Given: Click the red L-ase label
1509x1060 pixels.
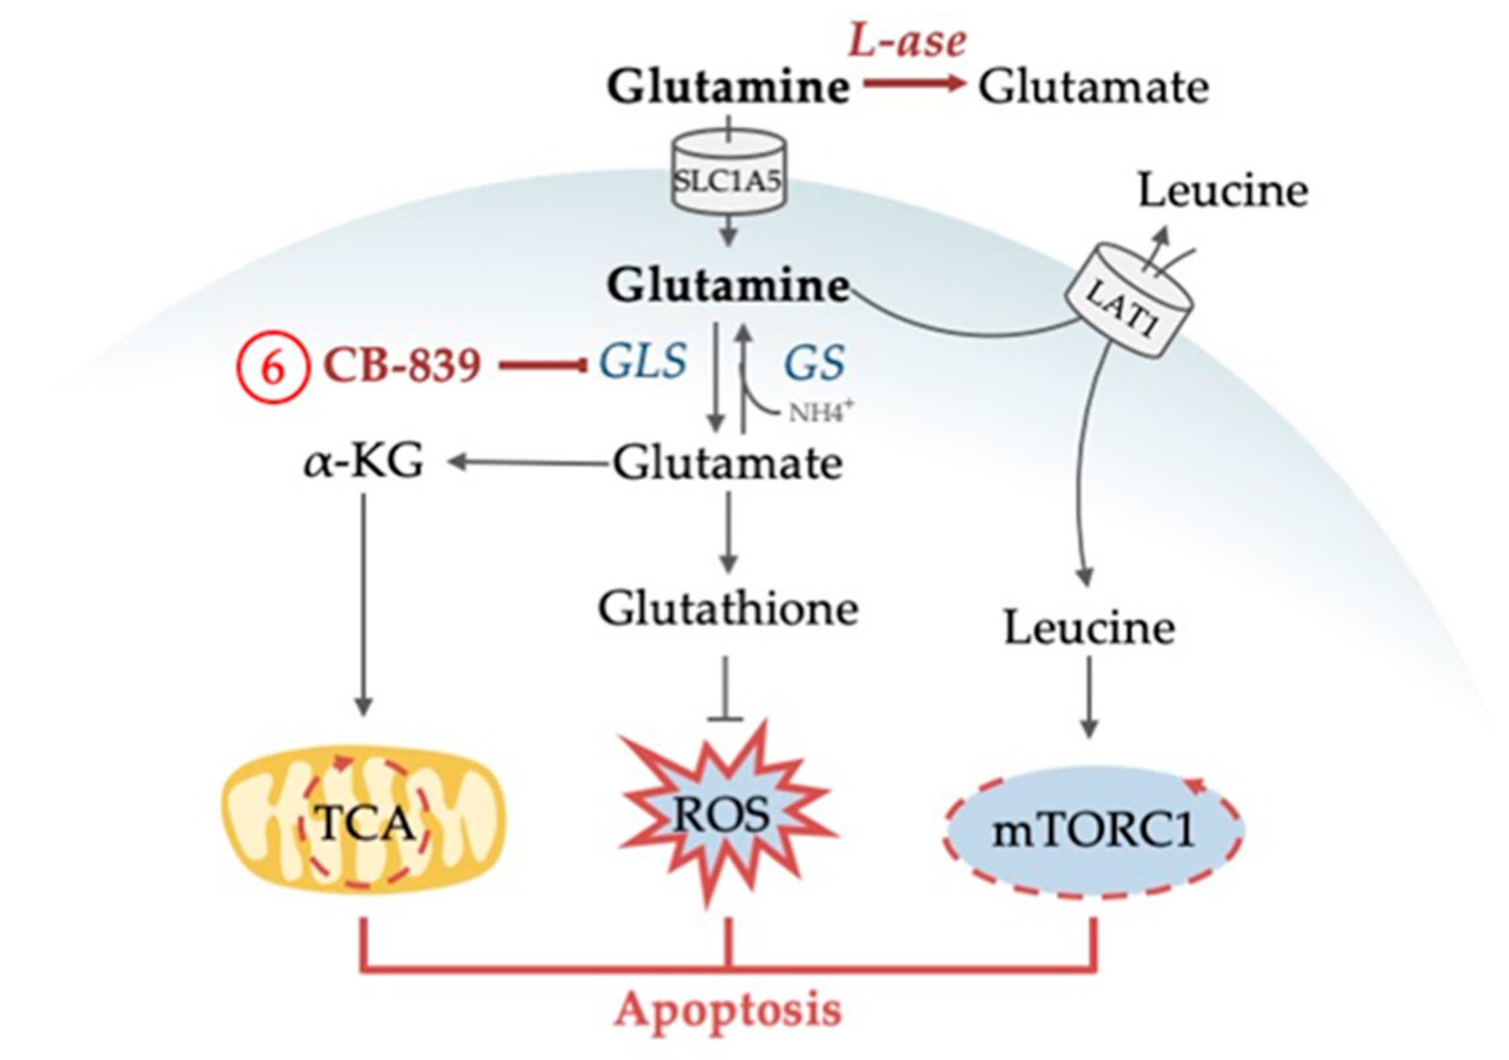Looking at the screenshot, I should tap(907, 41).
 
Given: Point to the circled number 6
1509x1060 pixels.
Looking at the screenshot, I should tap(273, 367).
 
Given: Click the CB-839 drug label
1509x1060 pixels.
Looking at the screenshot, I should tap(402, 365).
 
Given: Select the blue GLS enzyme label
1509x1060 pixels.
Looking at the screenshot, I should tap(642, 362).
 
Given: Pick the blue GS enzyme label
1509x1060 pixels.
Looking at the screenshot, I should tap(814, 363).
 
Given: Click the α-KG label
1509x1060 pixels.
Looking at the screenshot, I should tap(363, 462).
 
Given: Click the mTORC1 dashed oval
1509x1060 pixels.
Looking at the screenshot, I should tap(1093, 832).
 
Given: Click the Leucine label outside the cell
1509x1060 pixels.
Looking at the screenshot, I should tap(1223, 192).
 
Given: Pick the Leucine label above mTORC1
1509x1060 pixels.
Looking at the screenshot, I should tap(1089, 628).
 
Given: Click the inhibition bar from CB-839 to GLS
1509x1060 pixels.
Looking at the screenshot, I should tap(543, 365).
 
